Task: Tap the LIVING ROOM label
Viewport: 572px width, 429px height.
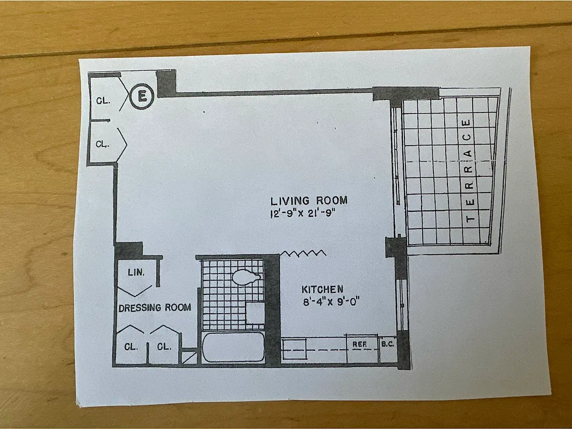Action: click(x=309, y=201)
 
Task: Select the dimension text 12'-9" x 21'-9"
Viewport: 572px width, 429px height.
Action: click(x=307, y=213)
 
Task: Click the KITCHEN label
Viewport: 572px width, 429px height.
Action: click(x=322, y=290)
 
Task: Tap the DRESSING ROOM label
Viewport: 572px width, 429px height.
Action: click(x=155, y=308)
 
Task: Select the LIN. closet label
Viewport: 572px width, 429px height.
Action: click(x=136, y=272)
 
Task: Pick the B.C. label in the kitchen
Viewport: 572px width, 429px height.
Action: click(x=388, y=344)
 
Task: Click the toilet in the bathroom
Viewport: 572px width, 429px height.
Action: click(x=246, y=277)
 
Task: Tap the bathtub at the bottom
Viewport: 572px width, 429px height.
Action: click(x=234, y=348)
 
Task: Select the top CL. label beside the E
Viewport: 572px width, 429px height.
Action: click(x=104, y=100)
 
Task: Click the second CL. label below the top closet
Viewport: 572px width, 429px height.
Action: click(x=103, y=144)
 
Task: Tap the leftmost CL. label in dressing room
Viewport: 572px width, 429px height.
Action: click(x=131, y=346)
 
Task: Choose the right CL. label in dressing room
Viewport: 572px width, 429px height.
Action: click(x=164, y=346)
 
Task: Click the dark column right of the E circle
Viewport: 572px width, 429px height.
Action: click(x=166, y=83)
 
